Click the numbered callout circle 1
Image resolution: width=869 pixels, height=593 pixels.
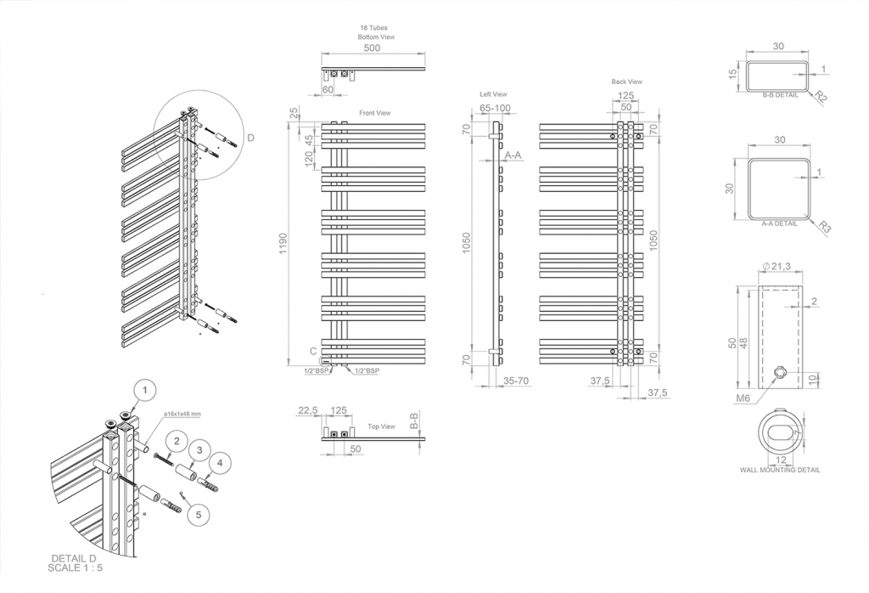145,390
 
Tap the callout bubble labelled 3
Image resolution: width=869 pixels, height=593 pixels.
198,449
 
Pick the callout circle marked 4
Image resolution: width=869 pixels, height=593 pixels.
221,462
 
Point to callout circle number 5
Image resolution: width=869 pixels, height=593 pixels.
198,513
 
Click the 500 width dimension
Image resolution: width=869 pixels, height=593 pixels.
372,49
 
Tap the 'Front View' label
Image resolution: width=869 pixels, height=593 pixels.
374,113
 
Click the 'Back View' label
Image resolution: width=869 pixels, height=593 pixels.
626,82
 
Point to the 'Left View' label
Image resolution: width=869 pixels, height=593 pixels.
493,94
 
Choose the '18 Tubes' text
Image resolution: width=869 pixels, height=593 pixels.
374,28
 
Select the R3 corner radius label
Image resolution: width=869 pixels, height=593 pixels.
824,227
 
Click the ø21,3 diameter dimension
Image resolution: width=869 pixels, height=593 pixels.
777,267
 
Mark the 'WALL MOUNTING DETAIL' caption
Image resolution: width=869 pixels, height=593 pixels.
780,469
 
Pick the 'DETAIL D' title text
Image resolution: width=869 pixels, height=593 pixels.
75,557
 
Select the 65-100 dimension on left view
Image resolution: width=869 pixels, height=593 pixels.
495,108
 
